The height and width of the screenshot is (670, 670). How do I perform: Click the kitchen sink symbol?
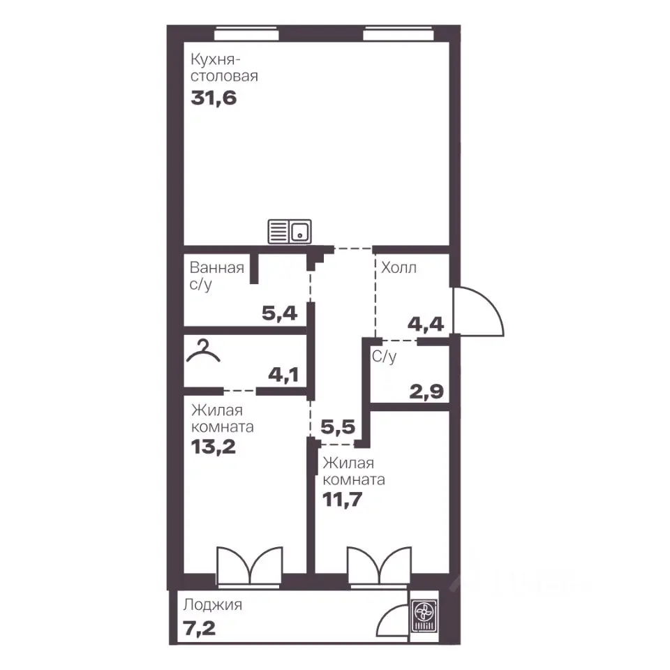[289, 232]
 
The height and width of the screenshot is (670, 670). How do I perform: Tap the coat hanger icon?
[203, 351]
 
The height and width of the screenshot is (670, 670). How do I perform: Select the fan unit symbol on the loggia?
[424, 616]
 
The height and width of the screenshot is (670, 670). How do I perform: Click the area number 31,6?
[214, 98]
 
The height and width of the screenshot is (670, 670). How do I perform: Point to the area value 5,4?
[279, 313]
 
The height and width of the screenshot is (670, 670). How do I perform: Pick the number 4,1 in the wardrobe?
[283, 375]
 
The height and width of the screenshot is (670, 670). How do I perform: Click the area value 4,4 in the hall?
[426, 325]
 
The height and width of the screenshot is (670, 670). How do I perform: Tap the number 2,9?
[426, 392]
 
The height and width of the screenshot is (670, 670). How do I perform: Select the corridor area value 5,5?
[338, 427]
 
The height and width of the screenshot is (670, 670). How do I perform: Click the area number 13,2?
[214, 447]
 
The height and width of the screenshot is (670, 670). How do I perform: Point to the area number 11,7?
[342, 499]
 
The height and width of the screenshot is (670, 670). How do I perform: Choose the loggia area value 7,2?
[199, 629]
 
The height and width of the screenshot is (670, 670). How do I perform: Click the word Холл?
[399, 268]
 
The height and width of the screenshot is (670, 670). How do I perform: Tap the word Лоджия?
[212, 605]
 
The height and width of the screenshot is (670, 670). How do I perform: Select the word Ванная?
[217, 268]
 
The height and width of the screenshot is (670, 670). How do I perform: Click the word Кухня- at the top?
[213, 59]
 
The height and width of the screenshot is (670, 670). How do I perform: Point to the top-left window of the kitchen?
[246, 33]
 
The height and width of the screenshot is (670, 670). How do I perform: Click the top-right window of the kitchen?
[399, 33]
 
